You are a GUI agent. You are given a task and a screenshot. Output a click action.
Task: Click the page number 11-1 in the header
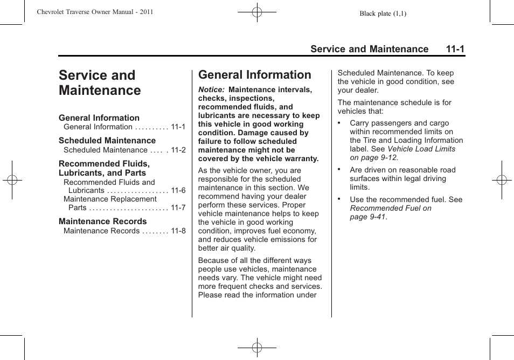(x=455, y=49)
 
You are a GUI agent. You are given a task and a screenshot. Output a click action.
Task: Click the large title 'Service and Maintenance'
(x=100, y=83)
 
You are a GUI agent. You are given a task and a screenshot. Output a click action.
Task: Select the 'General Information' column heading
(x=254, y=75)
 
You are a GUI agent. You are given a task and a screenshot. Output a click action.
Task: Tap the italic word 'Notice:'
(x=211, y=90)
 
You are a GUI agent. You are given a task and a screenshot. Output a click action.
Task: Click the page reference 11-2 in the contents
(x=178, y=150)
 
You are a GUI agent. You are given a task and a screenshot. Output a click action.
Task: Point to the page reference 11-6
(x=178, y=191)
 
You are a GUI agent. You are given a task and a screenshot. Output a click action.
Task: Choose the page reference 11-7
(x=178, y=208)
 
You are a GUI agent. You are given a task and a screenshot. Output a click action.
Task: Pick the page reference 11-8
(x=178, y=231)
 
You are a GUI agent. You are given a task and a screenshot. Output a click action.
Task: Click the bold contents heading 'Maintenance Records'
(x=102, y=221)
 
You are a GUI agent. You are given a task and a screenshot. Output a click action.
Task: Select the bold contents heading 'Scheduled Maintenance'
(x=107, y=141)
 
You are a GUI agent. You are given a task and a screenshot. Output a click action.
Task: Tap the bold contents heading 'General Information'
(x=99, y=118)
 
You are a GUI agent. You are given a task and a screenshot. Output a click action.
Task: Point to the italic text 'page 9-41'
(x=368, y=217)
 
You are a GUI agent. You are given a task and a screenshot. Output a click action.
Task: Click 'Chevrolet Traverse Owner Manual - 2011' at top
(x=95, y=12)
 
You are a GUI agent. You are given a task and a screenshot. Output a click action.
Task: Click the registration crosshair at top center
(x=257, y=11)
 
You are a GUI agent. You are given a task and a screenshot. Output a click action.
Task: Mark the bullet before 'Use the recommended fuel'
(x=339, y=199)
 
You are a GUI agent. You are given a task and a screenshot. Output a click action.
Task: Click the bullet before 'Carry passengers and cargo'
(x=339, y=123)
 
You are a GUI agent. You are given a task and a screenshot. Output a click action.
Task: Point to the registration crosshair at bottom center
(x=257, y=348)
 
